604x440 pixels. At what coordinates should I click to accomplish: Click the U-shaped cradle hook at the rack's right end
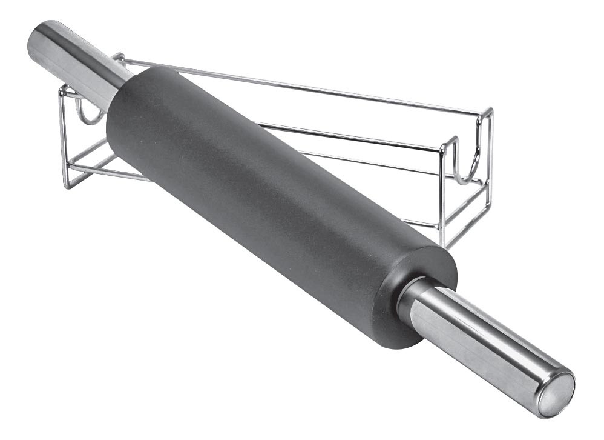pyautogui.click(x=463, y=164)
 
